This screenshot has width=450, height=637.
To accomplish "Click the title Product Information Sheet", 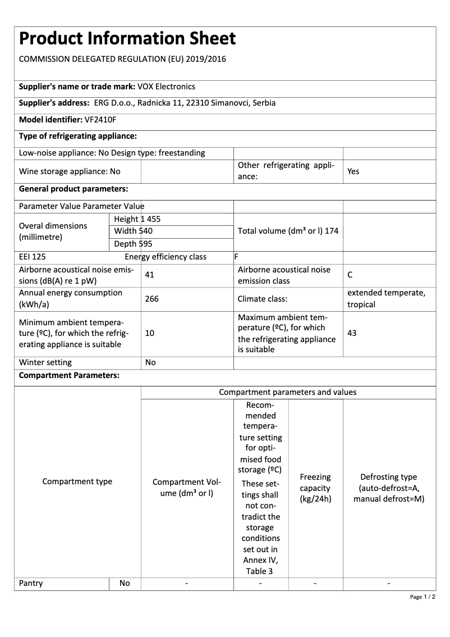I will point(127,39).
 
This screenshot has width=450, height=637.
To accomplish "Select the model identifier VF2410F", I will point(100,120).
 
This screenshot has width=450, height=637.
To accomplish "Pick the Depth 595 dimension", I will point(133,244).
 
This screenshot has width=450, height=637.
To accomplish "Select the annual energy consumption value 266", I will point(151,299).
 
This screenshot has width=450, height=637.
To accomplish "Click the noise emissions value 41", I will point(149,275).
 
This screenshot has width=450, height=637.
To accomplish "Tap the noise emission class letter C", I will point(350,275).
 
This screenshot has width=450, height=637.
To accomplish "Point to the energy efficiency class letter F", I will point(236,257).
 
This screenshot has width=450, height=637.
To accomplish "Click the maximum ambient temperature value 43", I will point(352,333).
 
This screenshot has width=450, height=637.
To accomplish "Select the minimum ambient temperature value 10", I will point(149,333).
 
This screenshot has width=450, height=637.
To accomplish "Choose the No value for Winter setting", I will point(150,362).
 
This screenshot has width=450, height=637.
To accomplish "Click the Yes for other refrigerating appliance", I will point(353,171).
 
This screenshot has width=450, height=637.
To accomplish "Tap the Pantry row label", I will point(31,583).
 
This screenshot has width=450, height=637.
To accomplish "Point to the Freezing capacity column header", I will point(315,488).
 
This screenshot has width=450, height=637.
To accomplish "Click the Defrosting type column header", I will point(389,488).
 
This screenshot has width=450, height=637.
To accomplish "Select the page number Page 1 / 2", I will point(423,597).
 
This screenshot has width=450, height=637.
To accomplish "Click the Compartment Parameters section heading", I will point(69,375).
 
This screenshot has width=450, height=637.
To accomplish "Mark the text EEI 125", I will point(33,257).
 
